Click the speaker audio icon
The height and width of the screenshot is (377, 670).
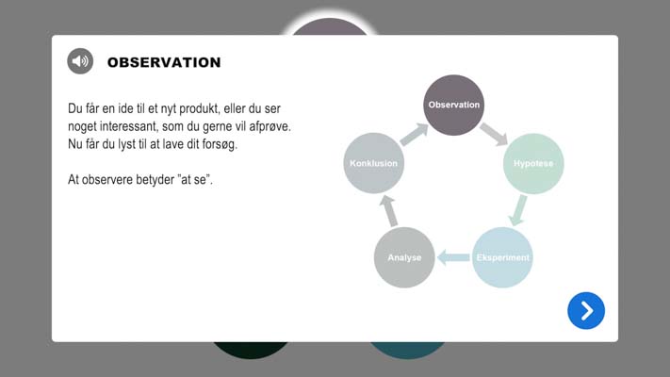point(80,62)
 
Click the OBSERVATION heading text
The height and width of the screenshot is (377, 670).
point(164,63)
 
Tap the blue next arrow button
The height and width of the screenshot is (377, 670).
point(586,311)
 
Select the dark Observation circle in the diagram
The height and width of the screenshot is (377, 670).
point(454,105)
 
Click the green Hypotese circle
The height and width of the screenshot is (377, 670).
point(533,163)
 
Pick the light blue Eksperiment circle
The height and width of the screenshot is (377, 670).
point(502,257)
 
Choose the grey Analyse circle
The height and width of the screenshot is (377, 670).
point(403,257)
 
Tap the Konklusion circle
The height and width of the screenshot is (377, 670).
point(374,163)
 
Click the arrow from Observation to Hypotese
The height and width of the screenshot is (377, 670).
point(494,134)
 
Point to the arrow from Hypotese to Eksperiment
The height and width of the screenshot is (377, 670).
point(517,210)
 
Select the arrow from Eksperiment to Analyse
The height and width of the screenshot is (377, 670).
point(454,257)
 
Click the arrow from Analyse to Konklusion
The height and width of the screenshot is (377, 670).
point(388,211)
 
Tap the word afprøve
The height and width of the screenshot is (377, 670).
point(268,126)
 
